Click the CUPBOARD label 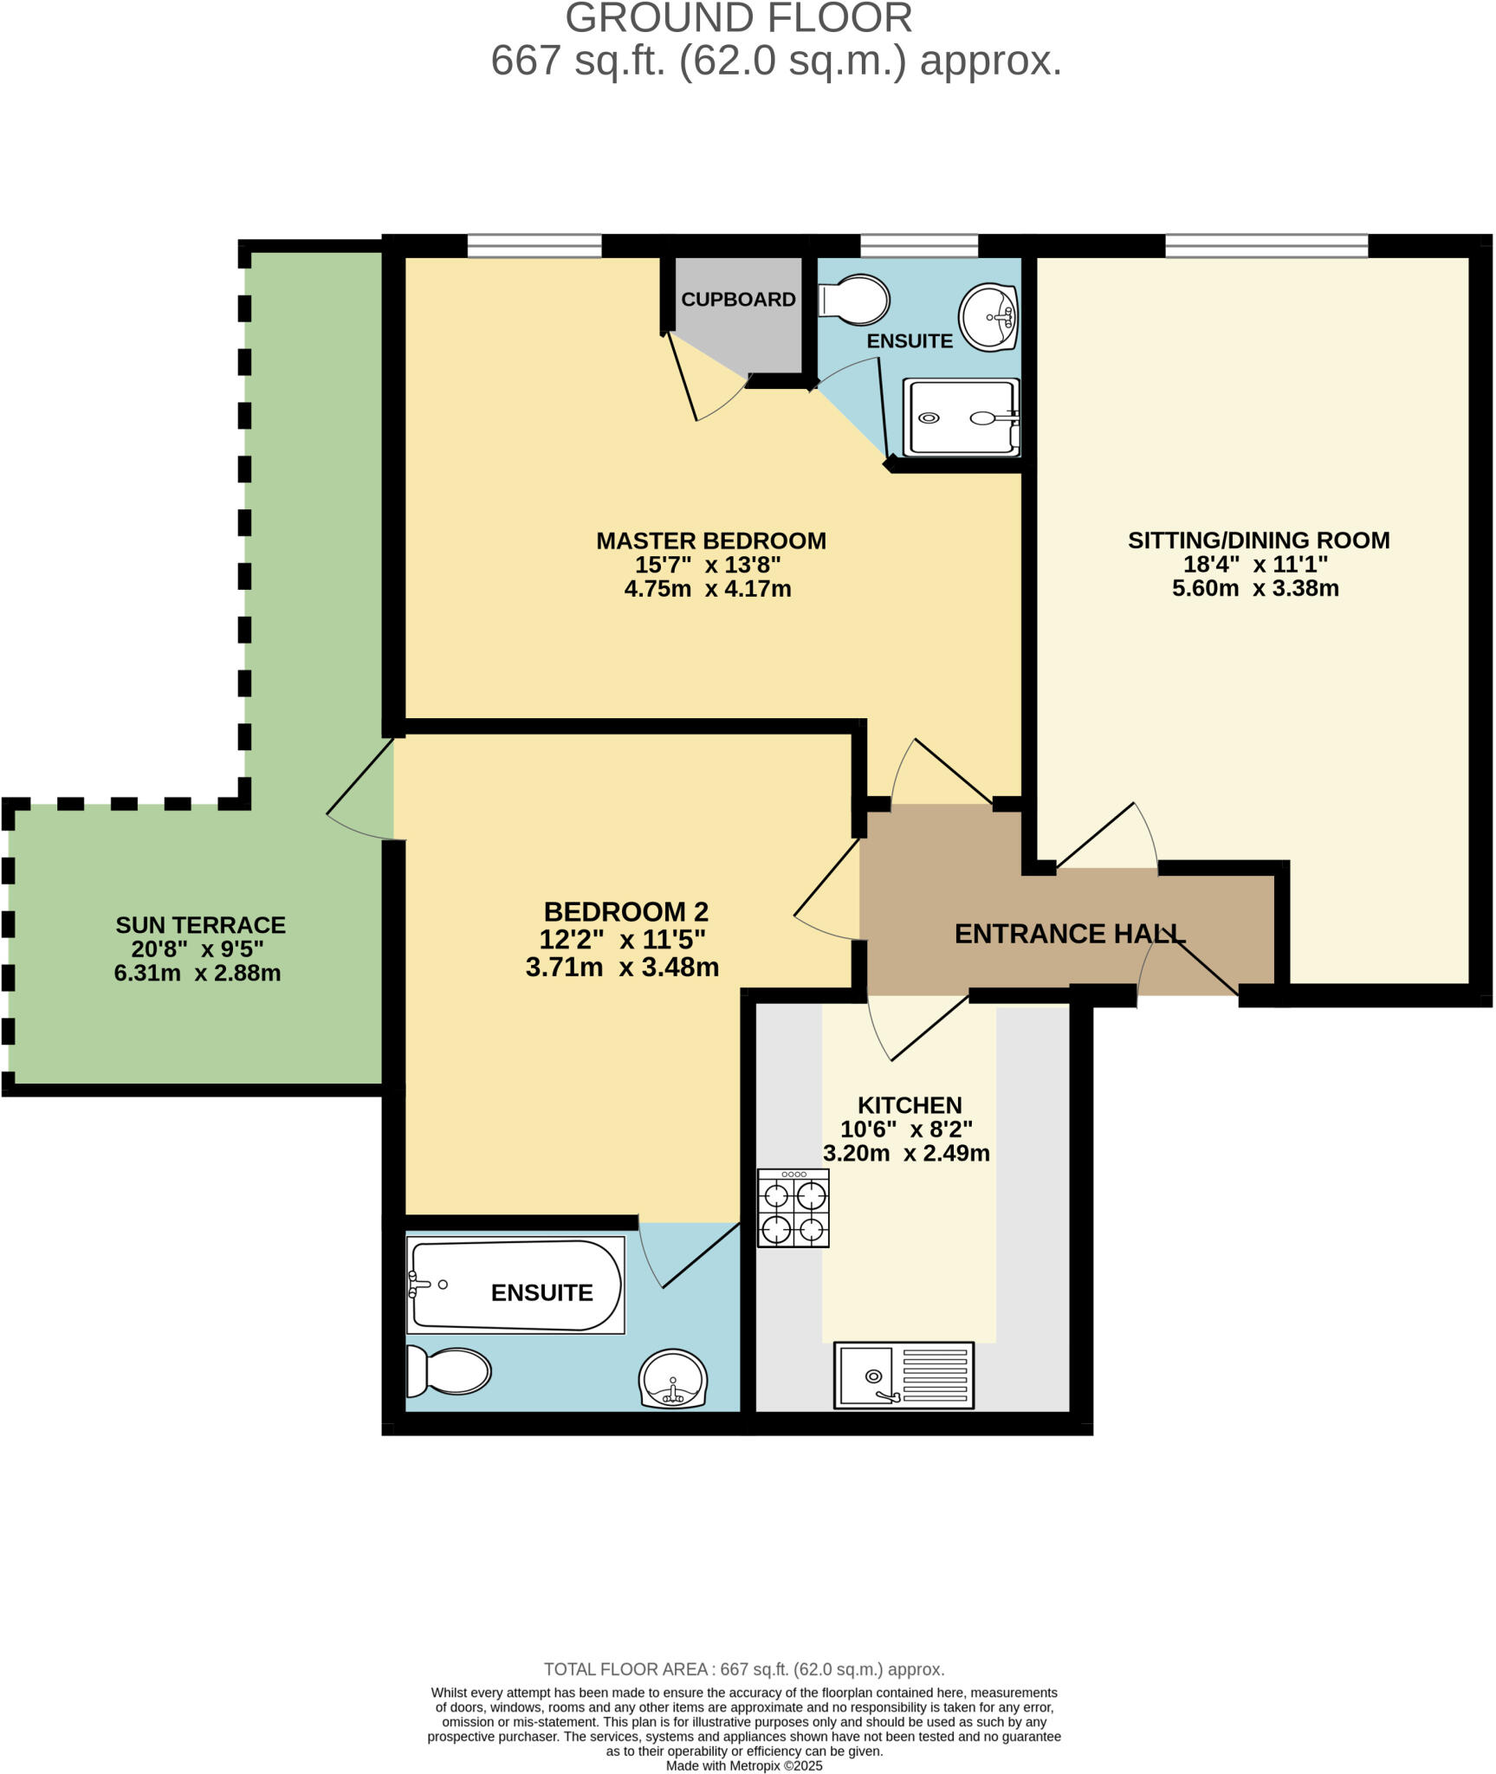point(738,300)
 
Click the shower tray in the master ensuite point(962,418)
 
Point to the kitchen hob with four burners point(793,1208)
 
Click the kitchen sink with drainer point(903,1376)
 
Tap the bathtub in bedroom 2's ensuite point(515,1286)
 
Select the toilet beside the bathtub point(449,1372)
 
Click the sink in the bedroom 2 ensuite point(673,1379)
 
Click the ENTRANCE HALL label point(1069,934)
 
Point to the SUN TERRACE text point(201,925)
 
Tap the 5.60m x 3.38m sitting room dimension point(1255,589)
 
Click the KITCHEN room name point(910,1105)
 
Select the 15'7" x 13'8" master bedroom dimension point(708,566)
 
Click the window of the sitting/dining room point(1266,246)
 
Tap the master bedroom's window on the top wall point(534,246)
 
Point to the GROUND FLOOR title point(739,18)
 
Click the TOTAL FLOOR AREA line point(744,1669)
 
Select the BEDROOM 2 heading point(625,912)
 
